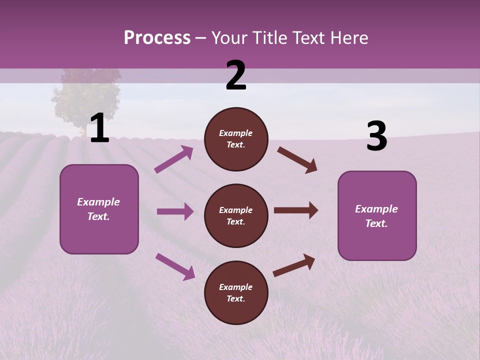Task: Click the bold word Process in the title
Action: tap(157, 38)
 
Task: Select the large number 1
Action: tap(99, 128)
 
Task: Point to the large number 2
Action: tap(236, 76)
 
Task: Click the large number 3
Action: tap(377, 137)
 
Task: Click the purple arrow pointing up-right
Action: tap(174, 159)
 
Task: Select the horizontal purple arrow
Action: tap(175, 211)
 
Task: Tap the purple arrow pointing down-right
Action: tap(175, 266)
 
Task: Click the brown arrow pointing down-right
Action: tap(297, 160)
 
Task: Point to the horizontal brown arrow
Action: tap(296, 210)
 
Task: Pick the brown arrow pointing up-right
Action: tap(294, 265)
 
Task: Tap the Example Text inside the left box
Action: tap(98, 209)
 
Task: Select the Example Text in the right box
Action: tap(376, 216)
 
